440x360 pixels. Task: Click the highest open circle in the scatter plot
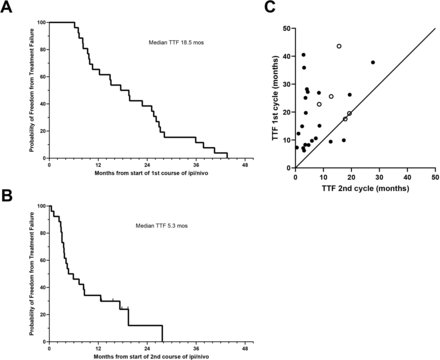[339, 46]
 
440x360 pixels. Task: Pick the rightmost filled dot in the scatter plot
[373, 62]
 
